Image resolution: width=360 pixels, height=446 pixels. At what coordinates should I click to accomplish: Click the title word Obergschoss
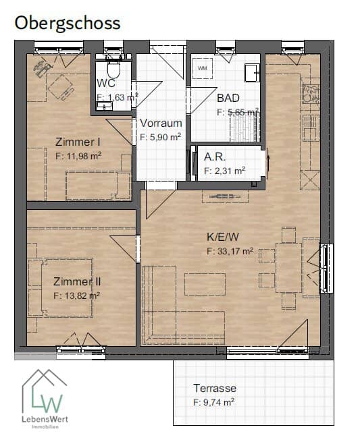68,24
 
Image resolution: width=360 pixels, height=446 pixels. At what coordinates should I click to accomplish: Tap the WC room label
106,83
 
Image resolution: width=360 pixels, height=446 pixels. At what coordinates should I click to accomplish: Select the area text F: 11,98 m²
78,156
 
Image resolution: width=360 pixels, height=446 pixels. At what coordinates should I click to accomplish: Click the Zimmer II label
77,281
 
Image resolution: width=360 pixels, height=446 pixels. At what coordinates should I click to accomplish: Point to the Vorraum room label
161,123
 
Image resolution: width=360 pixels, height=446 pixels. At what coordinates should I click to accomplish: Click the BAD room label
228,98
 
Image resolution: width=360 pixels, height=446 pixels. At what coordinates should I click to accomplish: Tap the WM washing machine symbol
203,69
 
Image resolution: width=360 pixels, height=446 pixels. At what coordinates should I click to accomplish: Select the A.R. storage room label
215,157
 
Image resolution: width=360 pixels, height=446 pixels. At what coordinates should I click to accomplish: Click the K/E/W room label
223,237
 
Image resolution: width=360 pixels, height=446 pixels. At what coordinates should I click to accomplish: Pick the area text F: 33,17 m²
230,252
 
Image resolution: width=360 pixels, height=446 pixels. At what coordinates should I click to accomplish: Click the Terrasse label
215,388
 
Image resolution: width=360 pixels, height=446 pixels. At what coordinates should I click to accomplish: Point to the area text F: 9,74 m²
214,403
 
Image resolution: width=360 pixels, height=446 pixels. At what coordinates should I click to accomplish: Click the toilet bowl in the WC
113,68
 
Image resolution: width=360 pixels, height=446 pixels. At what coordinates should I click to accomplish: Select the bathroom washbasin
252,73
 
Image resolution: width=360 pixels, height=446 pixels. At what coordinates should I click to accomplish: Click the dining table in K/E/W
289,268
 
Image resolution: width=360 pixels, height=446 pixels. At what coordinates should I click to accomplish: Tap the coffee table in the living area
205,284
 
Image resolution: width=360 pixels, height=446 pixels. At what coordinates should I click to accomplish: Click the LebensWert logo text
45,419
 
